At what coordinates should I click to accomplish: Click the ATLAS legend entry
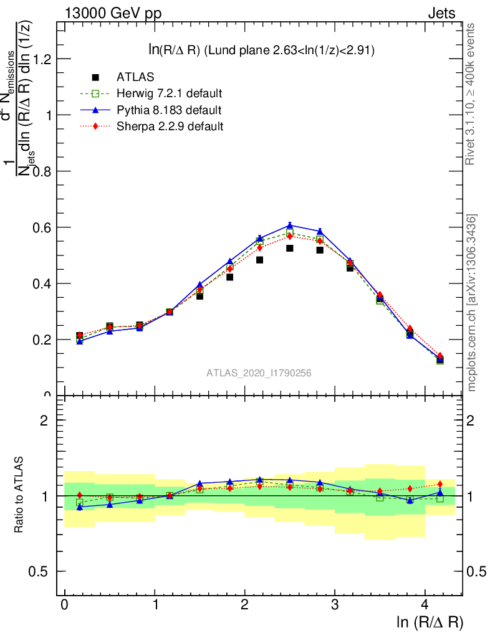[135, 77]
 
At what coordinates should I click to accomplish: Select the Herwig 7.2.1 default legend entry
[169, 94]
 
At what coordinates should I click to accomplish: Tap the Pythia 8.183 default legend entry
[168, 110]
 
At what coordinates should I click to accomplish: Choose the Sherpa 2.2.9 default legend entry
[170, 126]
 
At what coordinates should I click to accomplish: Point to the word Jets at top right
[441, 13]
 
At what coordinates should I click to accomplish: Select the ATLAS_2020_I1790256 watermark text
[259, 373]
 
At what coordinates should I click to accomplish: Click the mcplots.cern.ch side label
[472, 302]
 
